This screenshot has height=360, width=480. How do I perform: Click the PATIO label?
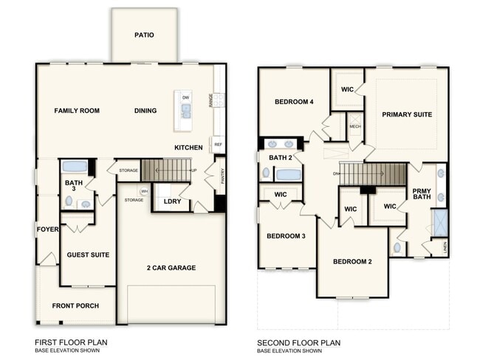[x=144, y=35]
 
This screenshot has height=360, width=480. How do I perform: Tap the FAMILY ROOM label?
[x=77, y=111]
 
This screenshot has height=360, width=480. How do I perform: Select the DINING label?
[x=145, y=111]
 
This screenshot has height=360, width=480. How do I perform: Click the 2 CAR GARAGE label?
[x=171, y=268]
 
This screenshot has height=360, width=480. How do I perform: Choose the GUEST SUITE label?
[x=88, y=255]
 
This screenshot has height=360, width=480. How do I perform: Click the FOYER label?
[x=47, y=229]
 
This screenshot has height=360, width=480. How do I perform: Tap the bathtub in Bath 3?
[x=75, y=167]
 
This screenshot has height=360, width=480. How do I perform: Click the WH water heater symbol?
[x=145, y=191]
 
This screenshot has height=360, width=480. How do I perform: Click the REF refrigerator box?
[x=218, y=145]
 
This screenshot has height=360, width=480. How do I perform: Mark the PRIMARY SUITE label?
[x=407, y=114]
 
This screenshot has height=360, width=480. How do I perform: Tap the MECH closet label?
[x=354, y=126]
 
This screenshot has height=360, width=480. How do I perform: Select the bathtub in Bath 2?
[x=288, y=175]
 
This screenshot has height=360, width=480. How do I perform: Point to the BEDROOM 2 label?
[x=352, y=261]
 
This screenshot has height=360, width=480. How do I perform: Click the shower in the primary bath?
[x=440, y=223]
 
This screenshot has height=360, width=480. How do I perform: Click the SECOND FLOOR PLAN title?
[x=298, y=343]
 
